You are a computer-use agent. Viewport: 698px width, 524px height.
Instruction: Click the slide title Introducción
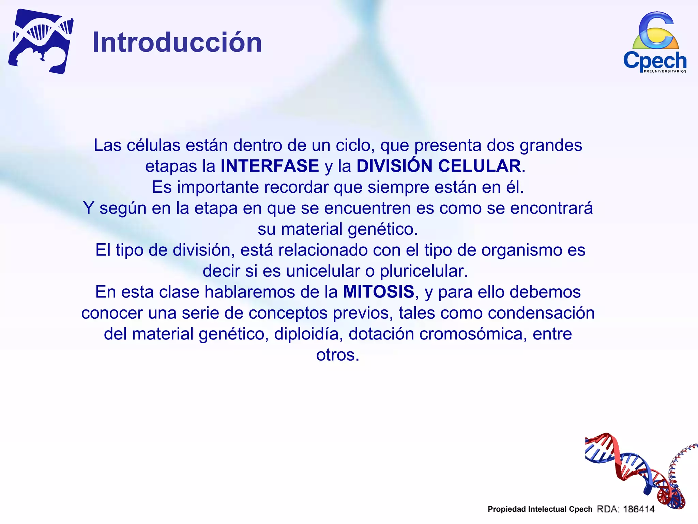tap(177, 42)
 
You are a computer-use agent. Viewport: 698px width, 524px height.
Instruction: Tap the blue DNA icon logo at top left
tap(41, 41)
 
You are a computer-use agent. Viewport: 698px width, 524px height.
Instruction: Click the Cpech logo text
tap(654, 61)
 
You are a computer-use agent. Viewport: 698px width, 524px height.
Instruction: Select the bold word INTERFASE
tap(270, 166)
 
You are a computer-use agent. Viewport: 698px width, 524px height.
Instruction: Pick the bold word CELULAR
tap(479, 166)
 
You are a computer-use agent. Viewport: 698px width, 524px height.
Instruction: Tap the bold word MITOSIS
tap(378, 292)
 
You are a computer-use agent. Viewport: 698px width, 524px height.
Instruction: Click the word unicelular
tap(323, 271)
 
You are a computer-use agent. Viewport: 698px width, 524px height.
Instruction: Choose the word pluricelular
tap(424, 271)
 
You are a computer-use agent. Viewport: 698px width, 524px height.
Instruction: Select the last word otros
tap(337, 355)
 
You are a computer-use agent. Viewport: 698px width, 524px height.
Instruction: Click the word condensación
tap(541, 313)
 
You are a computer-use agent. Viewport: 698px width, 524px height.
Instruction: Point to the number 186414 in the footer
tap(639, 509)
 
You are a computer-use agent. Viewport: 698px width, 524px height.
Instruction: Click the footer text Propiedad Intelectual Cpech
tap(540, 509)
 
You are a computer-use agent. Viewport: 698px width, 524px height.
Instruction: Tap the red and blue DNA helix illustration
tap(634, 471)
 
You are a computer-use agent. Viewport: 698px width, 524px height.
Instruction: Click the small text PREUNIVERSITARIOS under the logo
tap(665, 71)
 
